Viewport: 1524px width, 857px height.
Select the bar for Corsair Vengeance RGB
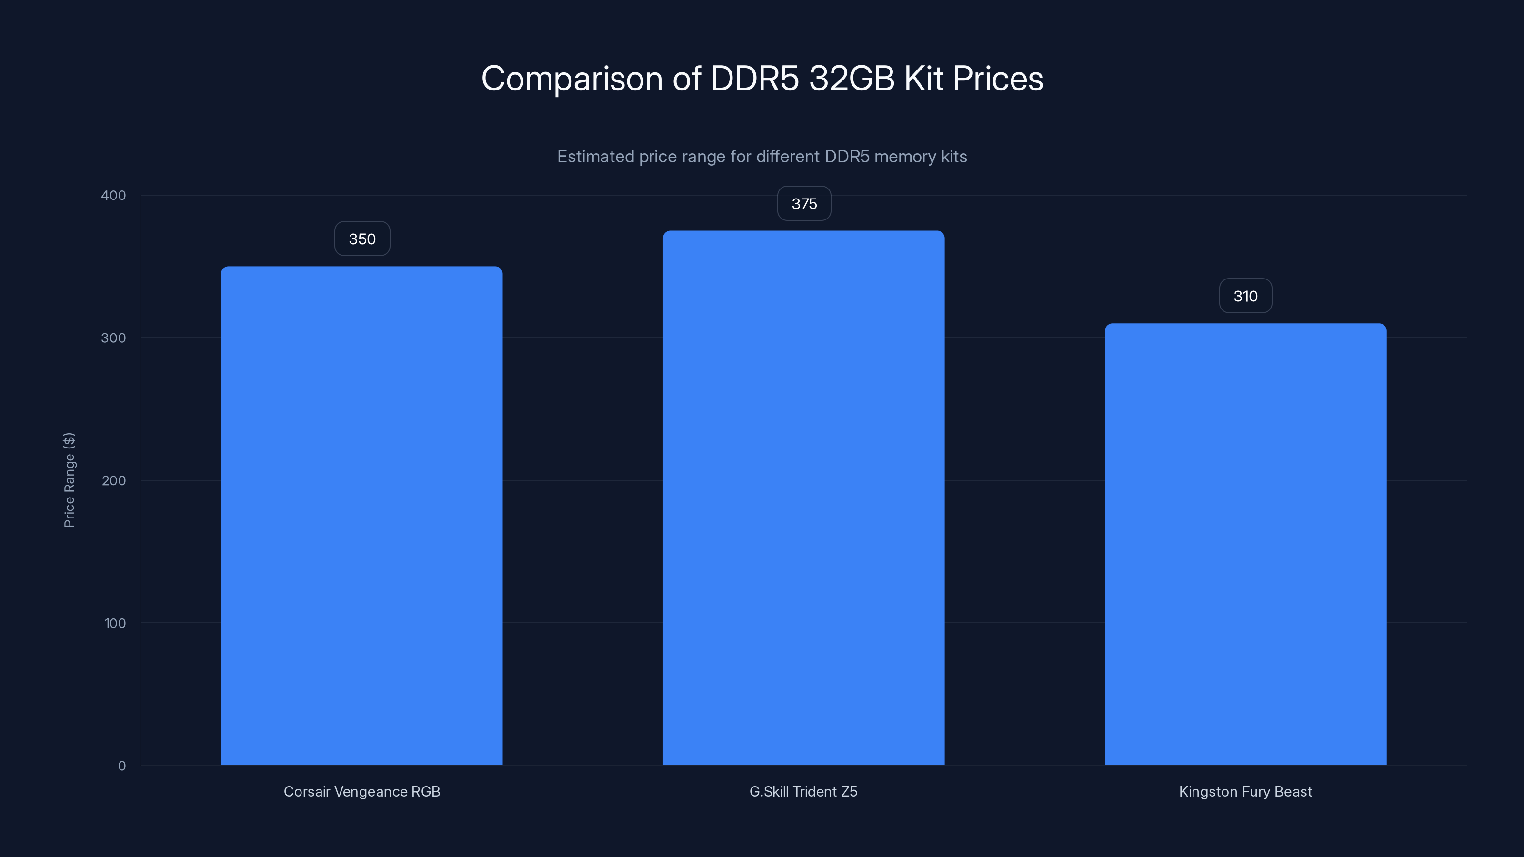[x=361, y=516]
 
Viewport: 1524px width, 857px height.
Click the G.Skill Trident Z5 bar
[x=803, y=498]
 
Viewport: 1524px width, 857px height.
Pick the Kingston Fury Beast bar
[x=1245, y=544]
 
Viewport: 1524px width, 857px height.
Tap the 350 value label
[x=362, y=239]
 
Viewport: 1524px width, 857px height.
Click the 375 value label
[x=804, y=204]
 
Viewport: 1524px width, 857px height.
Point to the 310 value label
[x=1245, y=296]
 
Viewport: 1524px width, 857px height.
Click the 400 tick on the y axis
[x=114, y=195]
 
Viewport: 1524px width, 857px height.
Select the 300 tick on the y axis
[x=114, y=338]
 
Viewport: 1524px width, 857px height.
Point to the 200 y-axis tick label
[x=114, y=480]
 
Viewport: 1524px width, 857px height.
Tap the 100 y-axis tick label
[x=115, y=623]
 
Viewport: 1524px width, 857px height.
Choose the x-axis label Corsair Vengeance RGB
[x=361, y=791]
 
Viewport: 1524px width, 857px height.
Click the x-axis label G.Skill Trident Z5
[x=803, y=791]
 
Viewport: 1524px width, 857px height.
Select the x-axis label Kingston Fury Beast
[x=1245, y=791]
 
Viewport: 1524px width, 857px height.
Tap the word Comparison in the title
[x=571, y=79]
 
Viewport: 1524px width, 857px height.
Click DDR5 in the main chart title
[x=754, y=78]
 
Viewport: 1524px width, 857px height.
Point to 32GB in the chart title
[x=852, y=78]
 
